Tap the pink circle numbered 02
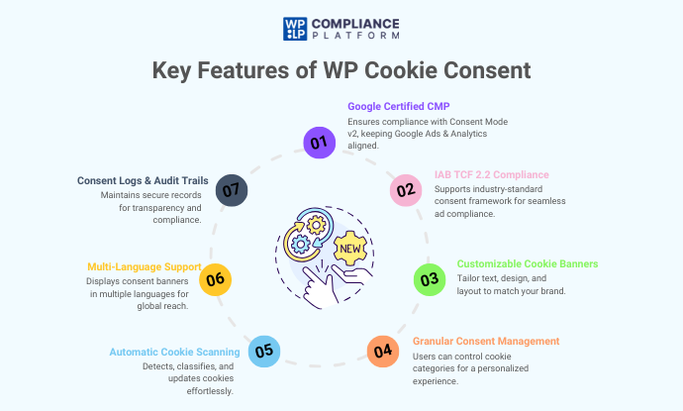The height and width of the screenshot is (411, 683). [405, 189]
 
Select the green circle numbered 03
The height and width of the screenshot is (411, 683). [429, 279]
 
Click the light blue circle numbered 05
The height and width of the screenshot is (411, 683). [262, 351]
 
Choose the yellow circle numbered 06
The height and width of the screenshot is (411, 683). [216, 280]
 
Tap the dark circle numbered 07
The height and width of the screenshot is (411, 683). [231, 188]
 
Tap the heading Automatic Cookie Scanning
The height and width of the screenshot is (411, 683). [174, 352]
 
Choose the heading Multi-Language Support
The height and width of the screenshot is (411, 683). [145, 266]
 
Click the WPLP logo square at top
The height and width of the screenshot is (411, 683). [295, 28]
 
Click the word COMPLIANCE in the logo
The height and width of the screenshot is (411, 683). [357, 22]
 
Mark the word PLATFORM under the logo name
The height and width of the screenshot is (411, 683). [357, 36]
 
